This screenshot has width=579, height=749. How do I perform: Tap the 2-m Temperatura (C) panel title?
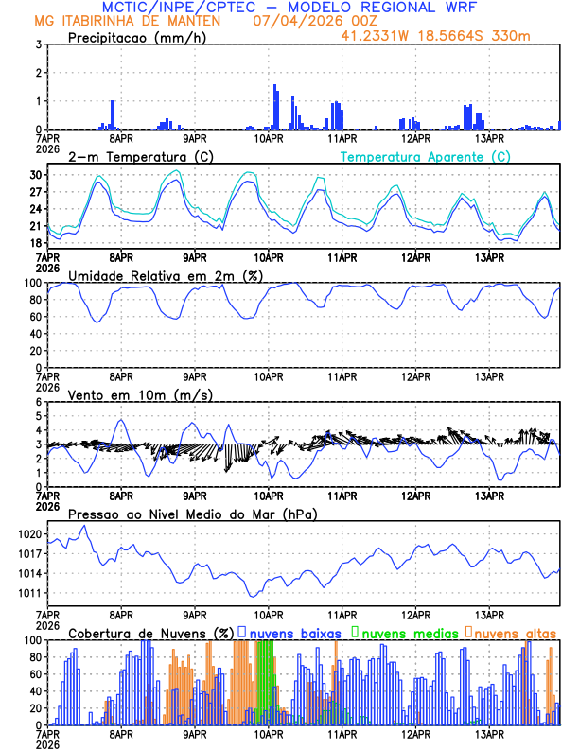pos(140,156)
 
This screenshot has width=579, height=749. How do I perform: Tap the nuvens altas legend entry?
pos(515,632)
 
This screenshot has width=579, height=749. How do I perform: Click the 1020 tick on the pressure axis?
pos(30,534)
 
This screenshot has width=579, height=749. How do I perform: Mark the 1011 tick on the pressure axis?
pos(30,594)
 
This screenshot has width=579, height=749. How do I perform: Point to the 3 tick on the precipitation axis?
pos(39,44)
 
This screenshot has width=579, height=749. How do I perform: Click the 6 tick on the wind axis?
pos(39,402)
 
